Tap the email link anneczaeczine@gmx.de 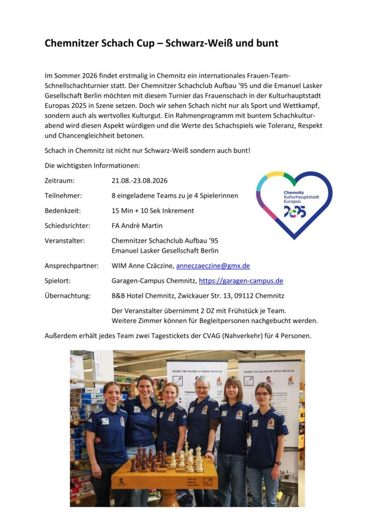click(x=213, y=266)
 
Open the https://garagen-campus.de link click(x=241, y=281)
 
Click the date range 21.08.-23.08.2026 click(x=139, y=181)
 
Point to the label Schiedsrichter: click(x=67, y=226)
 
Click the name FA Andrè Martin click(x=137, y=226)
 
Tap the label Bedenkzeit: click(x=63, y=211)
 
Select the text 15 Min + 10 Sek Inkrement click(x=153, y=211)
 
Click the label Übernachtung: click(x=67, y=296)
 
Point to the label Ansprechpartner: click(x=71, y=266)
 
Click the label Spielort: click(x=57, y=281)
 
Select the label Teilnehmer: click(x=63, y=196)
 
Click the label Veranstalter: click(x=65, y=241)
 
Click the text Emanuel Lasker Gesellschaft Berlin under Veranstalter click(x=165, y=251)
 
